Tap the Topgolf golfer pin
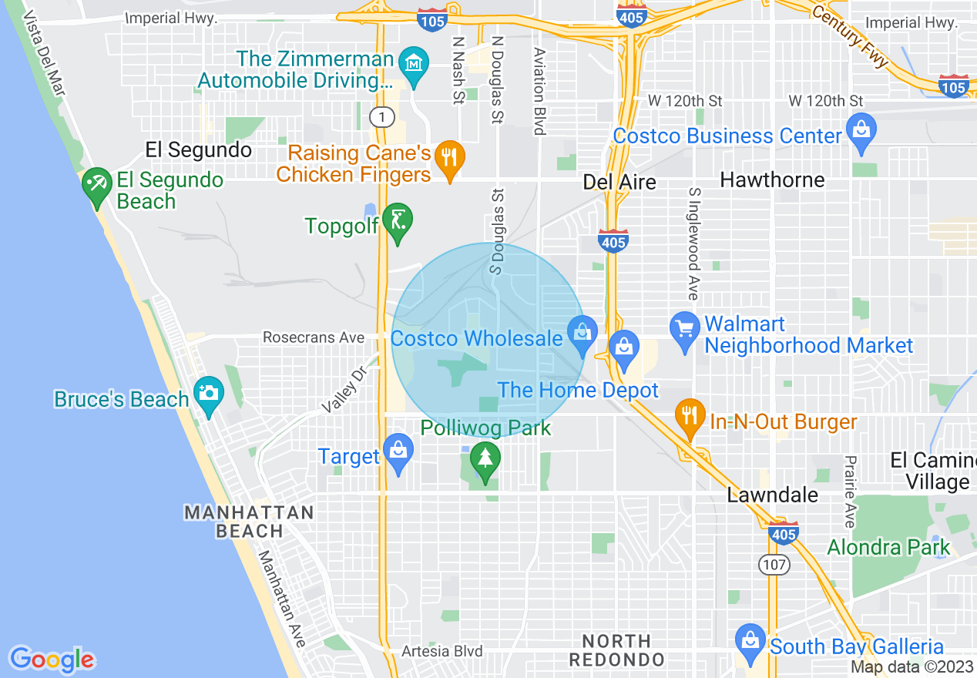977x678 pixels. [x=398, y=222]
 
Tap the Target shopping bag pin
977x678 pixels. [x=398, y=452]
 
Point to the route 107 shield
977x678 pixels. [x=774, y=565]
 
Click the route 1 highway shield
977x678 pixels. [x=381, y=117]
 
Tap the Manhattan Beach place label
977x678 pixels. [x=249, y=522]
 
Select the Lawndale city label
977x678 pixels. [x=772, y=495]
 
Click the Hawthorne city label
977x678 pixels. [x=772, y=180]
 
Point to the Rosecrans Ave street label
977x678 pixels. [x=313, y=337]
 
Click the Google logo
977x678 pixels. [x=52, y=659]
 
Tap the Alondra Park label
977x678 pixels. [x=888, y=548]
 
